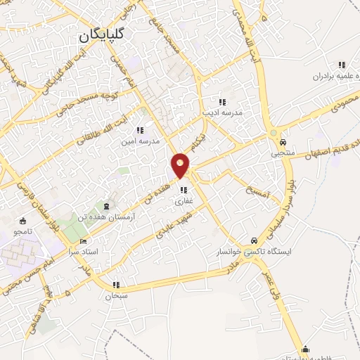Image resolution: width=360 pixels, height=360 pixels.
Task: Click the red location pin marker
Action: click(181, 165)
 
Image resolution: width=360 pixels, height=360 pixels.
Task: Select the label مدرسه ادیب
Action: click(222, 112)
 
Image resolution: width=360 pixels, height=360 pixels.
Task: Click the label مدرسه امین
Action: click(138, 141)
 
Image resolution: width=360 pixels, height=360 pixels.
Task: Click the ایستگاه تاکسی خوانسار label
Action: click(264, 250)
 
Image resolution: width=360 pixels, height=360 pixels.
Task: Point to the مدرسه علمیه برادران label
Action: click(320, 76)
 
